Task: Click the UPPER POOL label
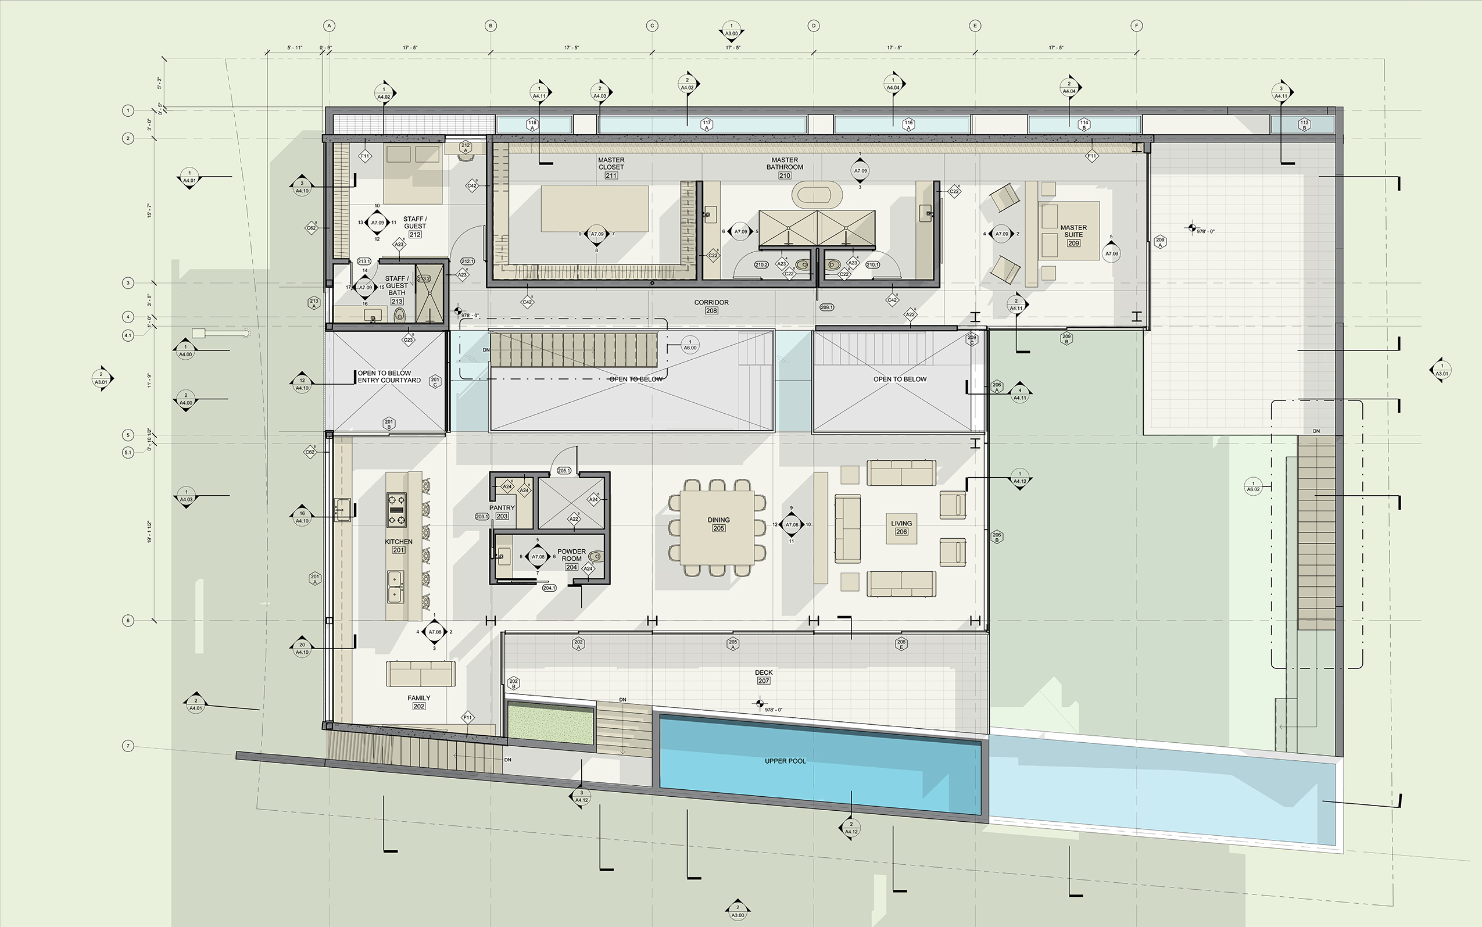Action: click(785, 761)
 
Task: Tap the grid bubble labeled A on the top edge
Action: click(329, 26)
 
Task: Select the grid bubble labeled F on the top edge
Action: click(1136, 26)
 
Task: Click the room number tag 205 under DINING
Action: click(718, 528)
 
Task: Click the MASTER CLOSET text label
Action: click(611, 163)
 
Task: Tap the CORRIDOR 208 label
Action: click(711, 306)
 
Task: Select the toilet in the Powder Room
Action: click(595, 557)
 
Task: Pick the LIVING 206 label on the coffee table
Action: click(901, 527)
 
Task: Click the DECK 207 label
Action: click(763, 677)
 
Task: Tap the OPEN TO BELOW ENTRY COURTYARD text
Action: click(389, 377)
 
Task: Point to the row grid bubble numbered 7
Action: click(127, 746)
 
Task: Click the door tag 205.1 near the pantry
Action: click(563, 471)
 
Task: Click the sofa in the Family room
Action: click(420, 674)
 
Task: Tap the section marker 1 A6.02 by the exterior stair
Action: click(1253, 486)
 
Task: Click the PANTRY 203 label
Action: click(502, 512)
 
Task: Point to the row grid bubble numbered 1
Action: click(127, 110)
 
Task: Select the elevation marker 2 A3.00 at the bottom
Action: click(738, 911)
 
